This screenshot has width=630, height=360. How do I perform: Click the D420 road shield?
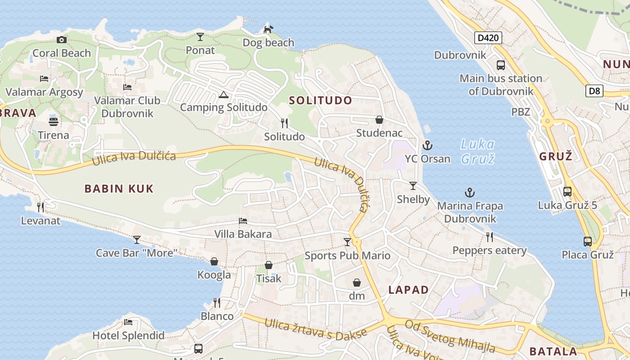click(x=488, y=38)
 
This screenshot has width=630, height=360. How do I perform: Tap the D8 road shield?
click(x=594, y=91)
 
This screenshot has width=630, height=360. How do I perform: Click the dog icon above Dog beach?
click(x=268, y=30)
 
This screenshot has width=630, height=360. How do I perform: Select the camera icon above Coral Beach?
click(x=62, y=40)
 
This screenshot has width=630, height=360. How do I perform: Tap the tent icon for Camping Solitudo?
click(x=223, y=95)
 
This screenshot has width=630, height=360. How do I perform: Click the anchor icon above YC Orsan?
click(x=427, y=145)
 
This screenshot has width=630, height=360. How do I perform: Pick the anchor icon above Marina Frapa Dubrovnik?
click(x=469, y=193)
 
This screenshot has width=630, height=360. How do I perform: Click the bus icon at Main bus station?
click(x=501, y=65)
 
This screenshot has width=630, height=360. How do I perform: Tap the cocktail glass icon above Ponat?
click(x=200, y=37)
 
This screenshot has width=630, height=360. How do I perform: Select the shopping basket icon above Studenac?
click(x=379, y=120)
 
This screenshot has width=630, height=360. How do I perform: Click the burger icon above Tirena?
click(x=54, y=122)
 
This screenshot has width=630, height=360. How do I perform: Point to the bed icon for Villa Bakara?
click(x=243, y=221)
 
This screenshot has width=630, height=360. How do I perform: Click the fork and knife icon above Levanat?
click(x=40, y=207)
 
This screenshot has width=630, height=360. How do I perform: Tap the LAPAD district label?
click(x=409, y=290)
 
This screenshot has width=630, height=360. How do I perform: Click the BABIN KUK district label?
click(x=119, y=189)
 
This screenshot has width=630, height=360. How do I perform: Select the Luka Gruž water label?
click(x=477, y=152)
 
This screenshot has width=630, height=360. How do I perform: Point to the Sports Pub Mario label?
click(x=347, y=256)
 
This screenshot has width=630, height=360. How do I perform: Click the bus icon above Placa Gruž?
click(x=588, y=242)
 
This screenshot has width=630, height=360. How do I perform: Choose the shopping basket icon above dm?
click(x=357, y=283)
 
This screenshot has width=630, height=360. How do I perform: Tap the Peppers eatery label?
click(x=490, y=250)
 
